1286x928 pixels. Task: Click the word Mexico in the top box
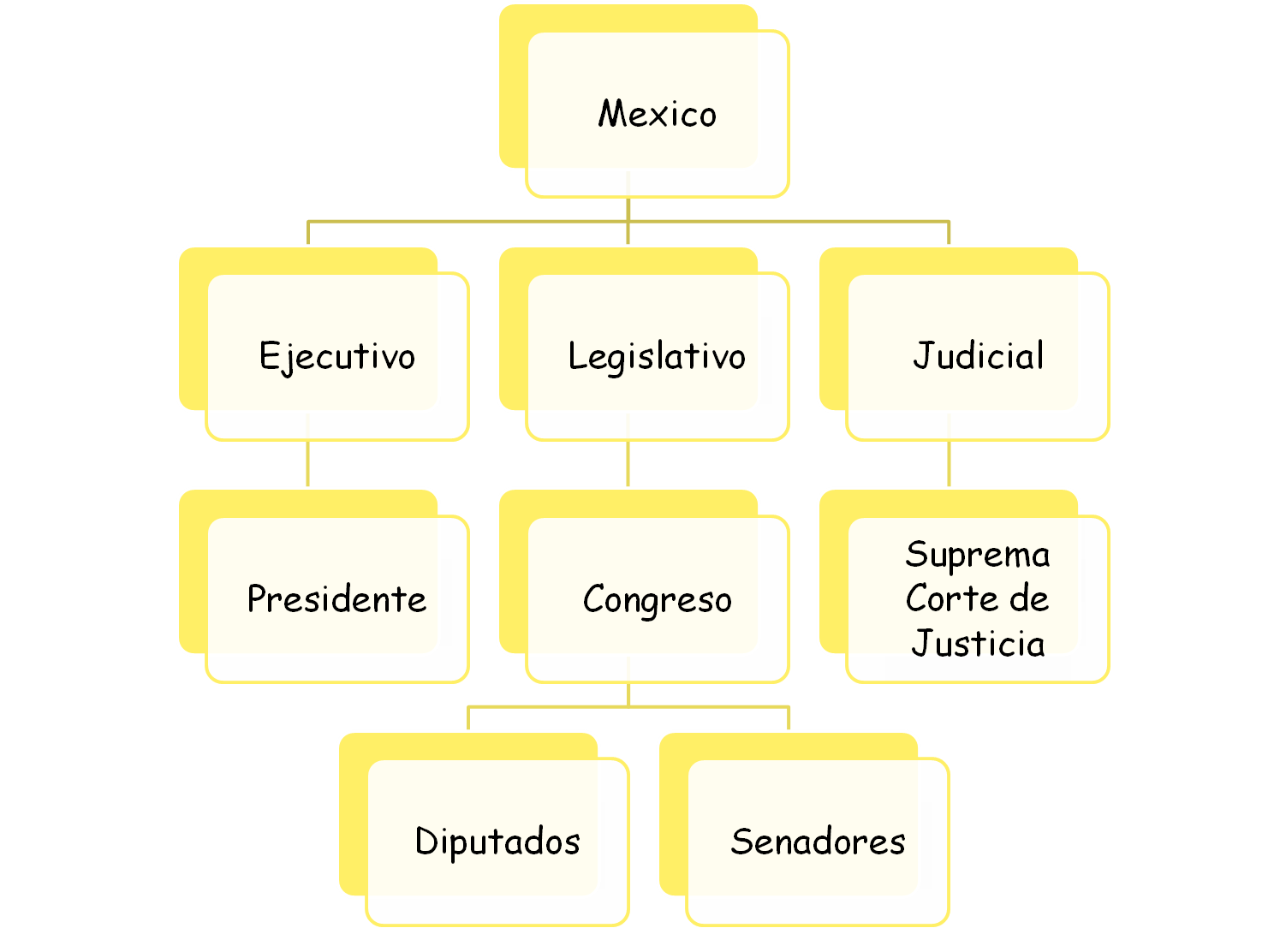coord(657,114)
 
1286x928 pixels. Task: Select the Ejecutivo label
coord(336,357)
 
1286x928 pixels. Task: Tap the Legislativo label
coord(657,357)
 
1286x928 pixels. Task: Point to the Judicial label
coord(978,356)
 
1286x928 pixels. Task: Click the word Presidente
coord(336,599)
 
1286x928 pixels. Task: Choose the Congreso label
coord(657,600)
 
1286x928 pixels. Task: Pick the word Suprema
coord(977,556)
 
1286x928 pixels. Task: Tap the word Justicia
coord(978,644)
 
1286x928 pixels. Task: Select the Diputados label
coord(497,842)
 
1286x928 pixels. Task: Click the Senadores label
coord(818,842)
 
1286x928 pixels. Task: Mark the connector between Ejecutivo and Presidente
coord(308,464)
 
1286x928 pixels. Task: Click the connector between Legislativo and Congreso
coord(628,464)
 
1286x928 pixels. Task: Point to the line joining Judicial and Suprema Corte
coord(949,464)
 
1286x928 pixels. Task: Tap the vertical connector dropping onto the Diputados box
coord(468,718)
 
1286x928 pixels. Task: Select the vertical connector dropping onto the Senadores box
coord(789,718)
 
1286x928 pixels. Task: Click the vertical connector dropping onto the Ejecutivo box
coord(308,233)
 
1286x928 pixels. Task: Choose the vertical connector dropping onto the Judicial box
coord(949,233)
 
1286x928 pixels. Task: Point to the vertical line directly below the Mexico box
coord(628,209)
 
